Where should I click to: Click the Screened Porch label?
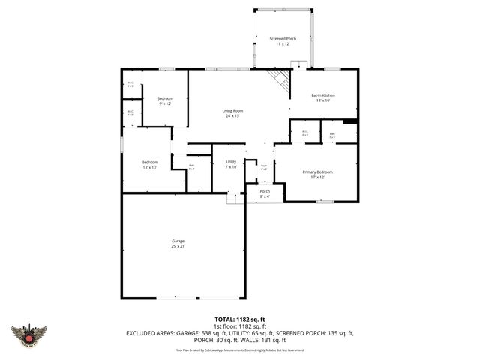tap(283, 39)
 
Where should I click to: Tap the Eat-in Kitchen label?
tap(323, 95)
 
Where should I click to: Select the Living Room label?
tap(232, 111)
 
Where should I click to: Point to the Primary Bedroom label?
tap(317, 172)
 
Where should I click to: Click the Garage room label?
tap(178, 241)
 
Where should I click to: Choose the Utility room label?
tap(232, 162)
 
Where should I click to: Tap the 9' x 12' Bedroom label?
tap(165, 99)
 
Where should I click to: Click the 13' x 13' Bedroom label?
tap(150, 163)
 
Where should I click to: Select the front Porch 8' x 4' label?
tap(265, 192)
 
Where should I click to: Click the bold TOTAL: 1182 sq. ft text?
tap(239, 319)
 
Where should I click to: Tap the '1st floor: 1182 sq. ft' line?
tap(239, 325)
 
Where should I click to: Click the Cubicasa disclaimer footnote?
tap(239, 349)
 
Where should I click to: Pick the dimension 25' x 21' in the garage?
tap(178, 245)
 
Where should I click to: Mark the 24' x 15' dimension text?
tap(232, 115)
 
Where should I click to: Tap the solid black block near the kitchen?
tap(349, 121)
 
